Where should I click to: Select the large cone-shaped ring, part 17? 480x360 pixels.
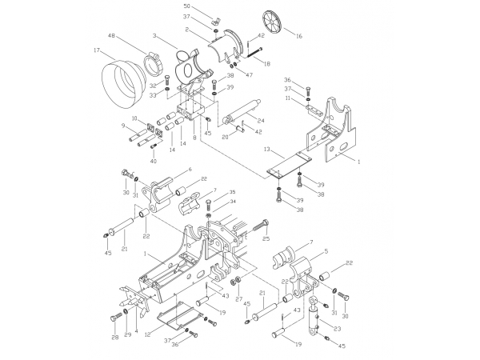122,84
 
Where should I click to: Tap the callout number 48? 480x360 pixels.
111,36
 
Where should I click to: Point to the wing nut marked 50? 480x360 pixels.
215,22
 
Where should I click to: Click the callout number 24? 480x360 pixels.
261,121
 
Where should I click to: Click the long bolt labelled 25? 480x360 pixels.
261,227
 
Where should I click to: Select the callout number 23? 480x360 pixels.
337,329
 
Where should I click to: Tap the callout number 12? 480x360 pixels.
148,334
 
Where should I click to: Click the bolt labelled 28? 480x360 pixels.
116,318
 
